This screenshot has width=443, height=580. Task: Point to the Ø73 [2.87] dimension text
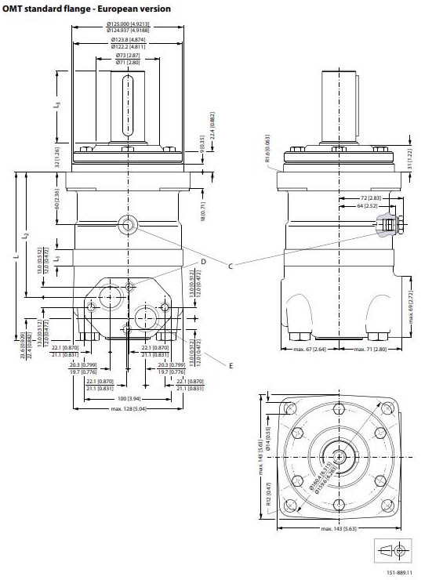(x=128, y=56)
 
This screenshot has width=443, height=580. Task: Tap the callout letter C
(x=230, y=266)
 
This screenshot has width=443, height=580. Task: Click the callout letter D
(x=202, y=261)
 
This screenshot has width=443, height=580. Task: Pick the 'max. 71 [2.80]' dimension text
(x=369, y=349)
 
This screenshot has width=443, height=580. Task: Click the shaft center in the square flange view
(x=338, y=455)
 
